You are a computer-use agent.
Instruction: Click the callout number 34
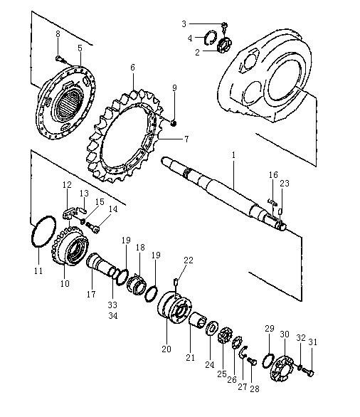pyautogui.click(x=113, y=316)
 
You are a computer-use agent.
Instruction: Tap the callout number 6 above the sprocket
pyautogui.click(x=132, y=68)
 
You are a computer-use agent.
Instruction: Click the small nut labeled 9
pyautogui.click(x=174, y=123)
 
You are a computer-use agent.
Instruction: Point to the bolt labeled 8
pyautogui.click(x=60, y=60)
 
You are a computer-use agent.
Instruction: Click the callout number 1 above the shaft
pyautogui.click(x=233, y=155)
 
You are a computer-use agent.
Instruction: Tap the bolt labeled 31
pyautogui.click(x=309, y=373)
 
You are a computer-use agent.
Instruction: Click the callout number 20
pyautogui.click(x=166, y=349)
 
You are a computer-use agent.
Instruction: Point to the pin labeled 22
pyautogui.click(x=176, y=282)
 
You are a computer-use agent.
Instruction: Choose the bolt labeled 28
pyautogui.click(x=252, y=361)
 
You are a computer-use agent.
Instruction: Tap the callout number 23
pyautogui.click(x=285, y=183)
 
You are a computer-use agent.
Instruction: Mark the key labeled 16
pyautogui.click(x=272, y=201)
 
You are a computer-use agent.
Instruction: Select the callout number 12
pyautogui.click(x=67, y=184)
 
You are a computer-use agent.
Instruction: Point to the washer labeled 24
pyautogui.click(x=212, y=329)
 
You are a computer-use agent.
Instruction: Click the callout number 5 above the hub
pyautogui.click(x=80, y=48)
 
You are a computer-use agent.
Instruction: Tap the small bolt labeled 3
pyautogui.click(x=224, y=26)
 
